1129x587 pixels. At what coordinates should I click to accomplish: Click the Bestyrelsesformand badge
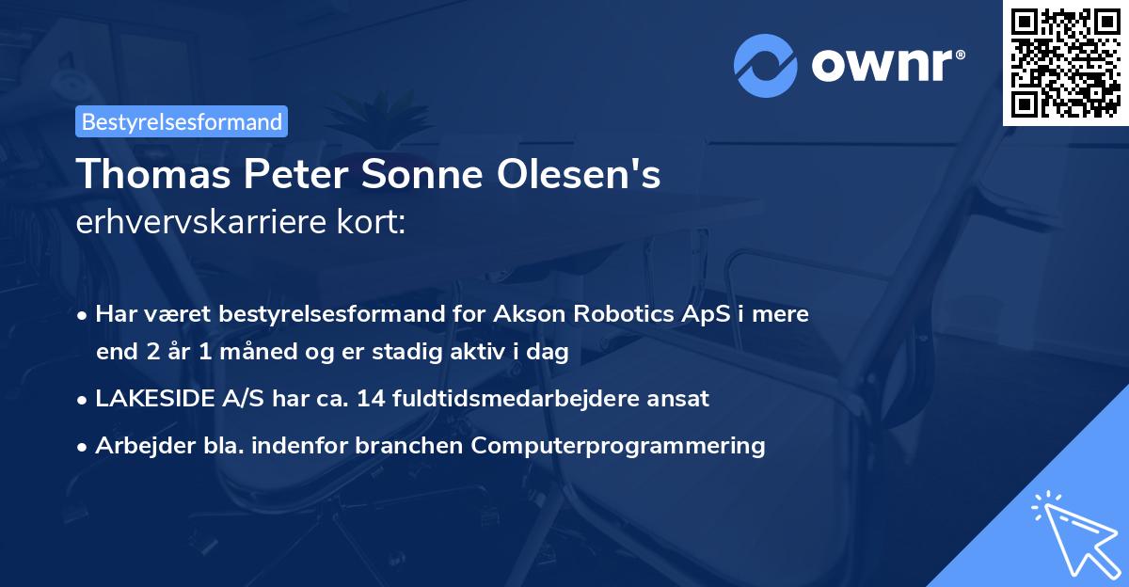[182, 121]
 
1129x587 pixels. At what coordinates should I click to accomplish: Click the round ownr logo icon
[766, 66]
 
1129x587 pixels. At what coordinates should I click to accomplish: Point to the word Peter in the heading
[286, 175]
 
